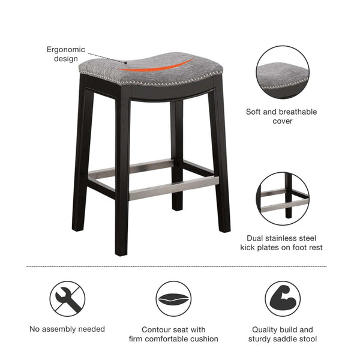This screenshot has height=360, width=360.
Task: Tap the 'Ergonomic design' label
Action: pyautogui.click(x=66, y=54)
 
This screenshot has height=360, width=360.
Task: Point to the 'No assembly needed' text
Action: pyautogui.click(x=67, y=329)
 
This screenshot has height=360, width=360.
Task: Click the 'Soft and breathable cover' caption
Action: pyautogui.click(x=281, y=116)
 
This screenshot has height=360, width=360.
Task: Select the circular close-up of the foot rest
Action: pyautogui.click(x=282, y=199)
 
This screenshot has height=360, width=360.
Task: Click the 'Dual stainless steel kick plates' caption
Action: pyautogui.click(x=281, y=242)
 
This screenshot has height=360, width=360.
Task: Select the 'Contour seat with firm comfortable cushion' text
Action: pyautogui.click(x=173, y=334)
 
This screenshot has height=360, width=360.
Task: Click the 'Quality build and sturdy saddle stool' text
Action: pyautogui.click(x=282, y=334)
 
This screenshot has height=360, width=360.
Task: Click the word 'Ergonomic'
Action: pyautogui.click(x=66, y=49)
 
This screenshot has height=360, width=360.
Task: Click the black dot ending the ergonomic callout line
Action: pyautogui.click(x=127, y=62)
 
